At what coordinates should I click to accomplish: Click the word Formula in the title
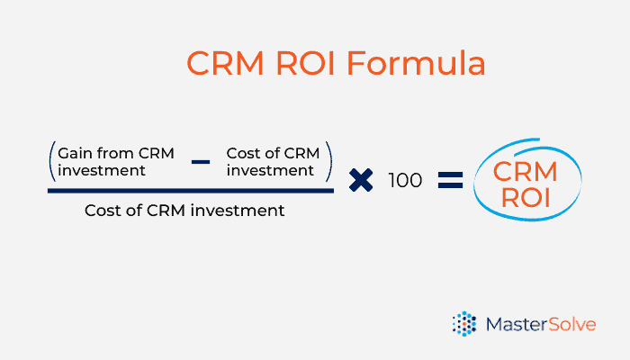[x=416, y=63]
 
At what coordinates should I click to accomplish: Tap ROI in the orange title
[x=305, y=63]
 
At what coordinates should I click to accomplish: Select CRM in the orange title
[x=225, y=63]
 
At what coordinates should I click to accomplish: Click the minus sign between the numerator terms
[x=201, y=162]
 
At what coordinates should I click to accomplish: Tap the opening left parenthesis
[x=52, y=161]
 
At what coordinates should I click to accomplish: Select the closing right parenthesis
[x=329, y=161]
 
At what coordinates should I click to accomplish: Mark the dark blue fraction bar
[x=191, y=191]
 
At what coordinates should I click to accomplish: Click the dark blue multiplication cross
[x=361, y=180]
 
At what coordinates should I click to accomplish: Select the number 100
[x=405, y=180]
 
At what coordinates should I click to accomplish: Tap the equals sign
[x=450, y=180]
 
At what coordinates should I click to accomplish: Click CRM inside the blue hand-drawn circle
[x=525, y=172]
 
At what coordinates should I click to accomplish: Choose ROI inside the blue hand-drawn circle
[x=526, y=198]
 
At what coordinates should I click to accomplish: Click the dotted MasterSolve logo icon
[x=464, y=323]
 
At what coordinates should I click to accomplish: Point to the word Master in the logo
[x=517, y=324]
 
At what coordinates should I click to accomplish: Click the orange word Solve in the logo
[x=572, y=324]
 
